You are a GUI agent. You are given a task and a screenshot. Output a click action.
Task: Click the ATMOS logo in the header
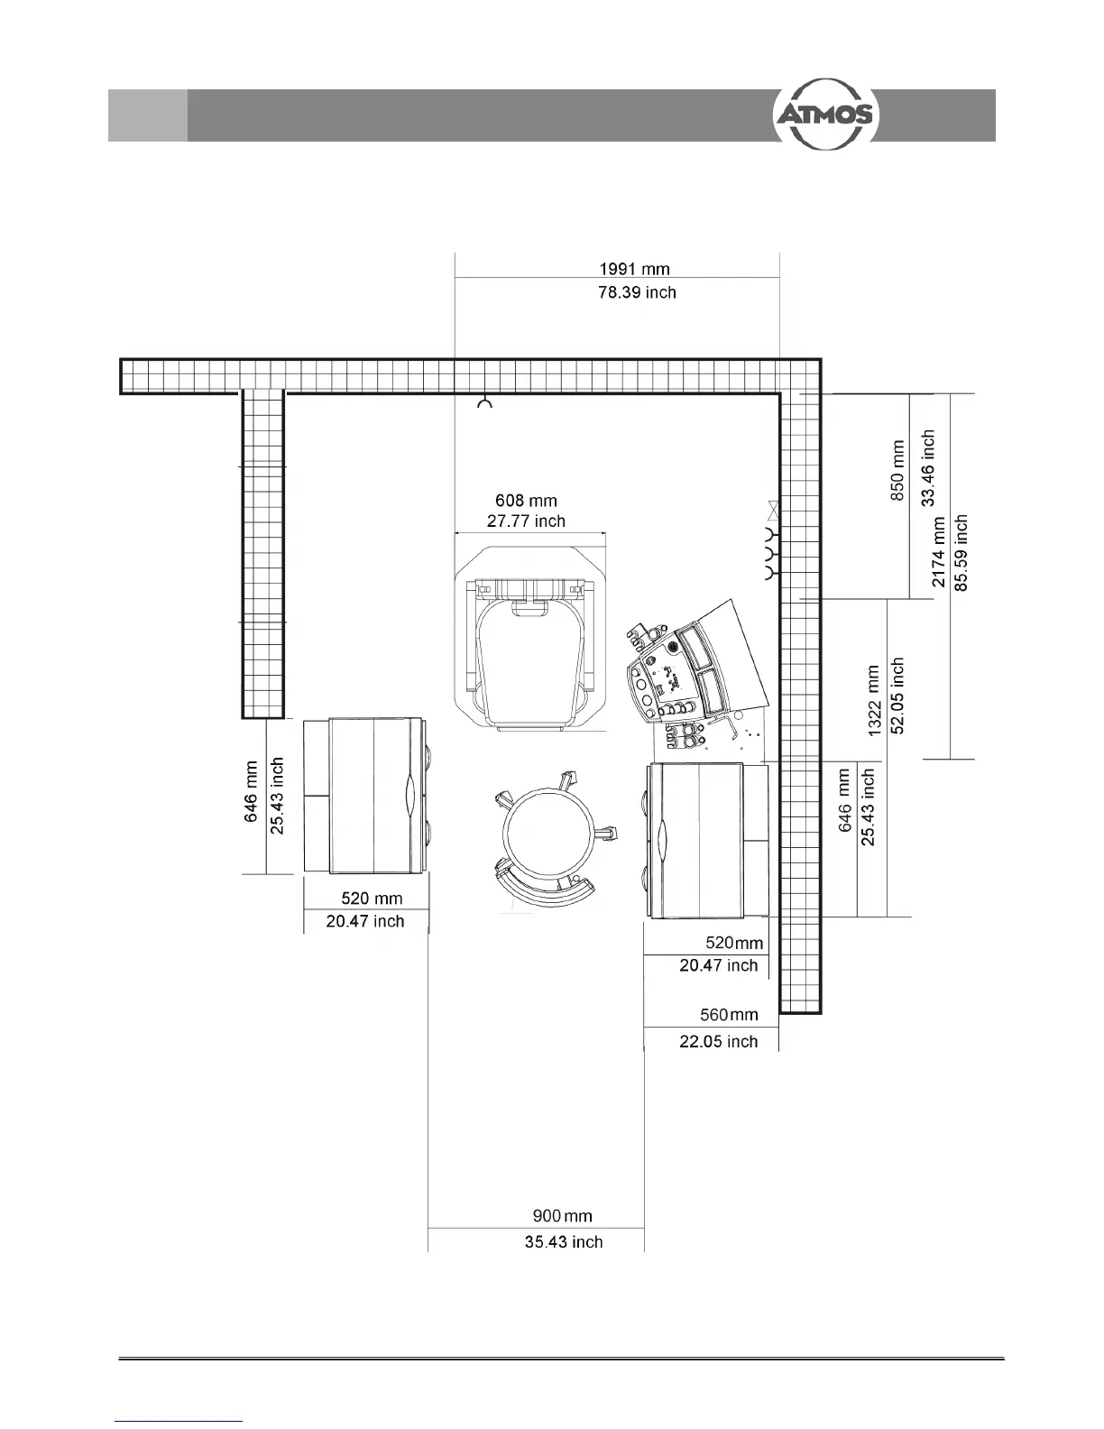click(x=825, y=115)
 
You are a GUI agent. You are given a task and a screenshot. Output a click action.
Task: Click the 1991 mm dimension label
click(x=634, y=269)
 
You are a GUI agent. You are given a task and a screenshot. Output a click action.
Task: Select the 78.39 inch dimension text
click(x=637, y=292)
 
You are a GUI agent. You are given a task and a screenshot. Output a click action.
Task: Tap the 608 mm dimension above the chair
click(x=526, y=501)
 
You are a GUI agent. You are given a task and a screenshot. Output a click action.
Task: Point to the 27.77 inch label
click(x=526, y=521)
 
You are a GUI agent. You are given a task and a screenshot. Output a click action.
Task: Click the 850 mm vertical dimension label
click(x=897, y=470)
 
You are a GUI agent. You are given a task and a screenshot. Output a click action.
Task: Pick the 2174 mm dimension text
click(x=938, y=552)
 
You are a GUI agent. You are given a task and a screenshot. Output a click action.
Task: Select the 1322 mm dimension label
click(x=873, y=700)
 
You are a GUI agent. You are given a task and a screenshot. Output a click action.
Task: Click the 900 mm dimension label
click(x=562, y=1216)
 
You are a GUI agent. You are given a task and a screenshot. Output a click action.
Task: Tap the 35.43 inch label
click(x=564, y=1241)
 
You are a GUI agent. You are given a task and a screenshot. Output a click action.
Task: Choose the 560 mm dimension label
click(x=729, y=1015)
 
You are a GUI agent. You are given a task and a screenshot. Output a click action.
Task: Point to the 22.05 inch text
click(x=719, y=1042)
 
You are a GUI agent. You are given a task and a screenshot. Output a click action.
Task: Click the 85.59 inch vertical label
click(x=961, y=553)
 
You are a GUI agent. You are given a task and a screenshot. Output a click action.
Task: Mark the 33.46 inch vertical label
click(x=927, y=467)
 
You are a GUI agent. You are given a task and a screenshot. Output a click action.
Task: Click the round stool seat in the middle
click(x=548, y=832)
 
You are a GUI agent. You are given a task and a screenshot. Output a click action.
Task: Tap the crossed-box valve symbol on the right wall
click(x=773, y=511)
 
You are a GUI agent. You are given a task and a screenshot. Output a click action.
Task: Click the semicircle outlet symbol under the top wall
click(x=484, y=402)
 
